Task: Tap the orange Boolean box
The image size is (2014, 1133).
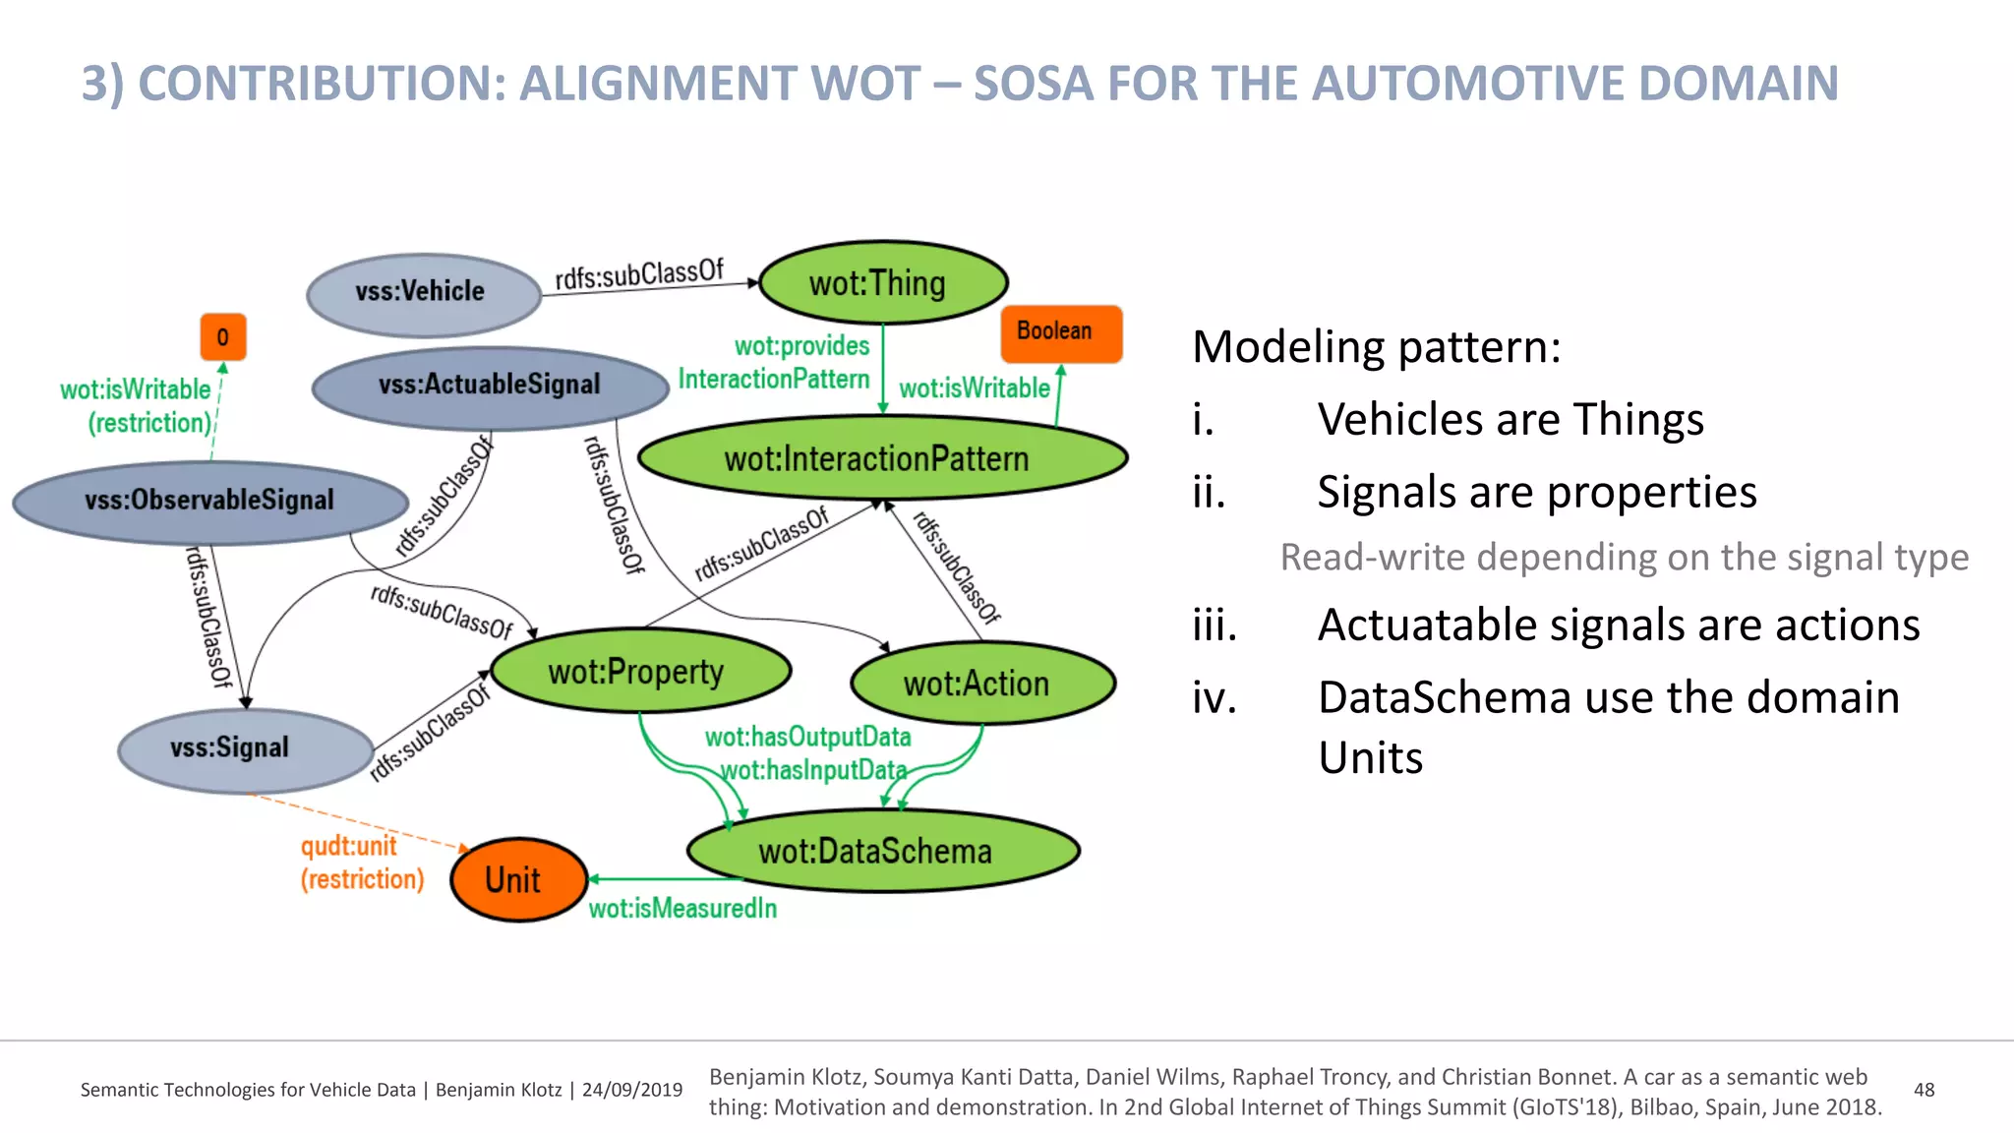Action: click(1060, 332)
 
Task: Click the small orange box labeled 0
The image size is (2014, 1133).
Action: click(223, 337)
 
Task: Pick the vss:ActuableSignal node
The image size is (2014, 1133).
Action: click(490, 386)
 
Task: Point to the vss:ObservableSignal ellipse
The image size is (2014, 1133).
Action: click(210, 502)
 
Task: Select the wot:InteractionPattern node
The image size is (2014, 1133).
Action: click(880, 458)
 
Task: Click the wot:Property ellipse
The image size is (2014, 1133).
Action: click(639, 673)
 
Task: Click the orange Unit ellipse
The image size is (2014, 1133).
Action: click(517, 879)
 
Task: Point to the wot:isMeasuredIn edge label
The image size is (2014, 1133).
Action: click(682, 909)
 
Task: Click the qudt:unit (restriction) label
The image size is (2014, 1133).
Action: click(360, 863)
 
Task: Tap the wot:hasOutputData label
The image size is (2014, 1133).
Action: click(808, 737)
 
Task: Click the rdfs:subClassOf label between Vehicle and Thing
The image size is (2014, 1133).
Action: click(639, 274)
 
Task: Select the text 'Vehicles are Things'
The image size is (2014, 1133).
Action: click(1510, 420)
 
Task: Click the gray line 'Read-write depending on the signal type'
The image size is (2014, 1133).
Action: click(1624, 558)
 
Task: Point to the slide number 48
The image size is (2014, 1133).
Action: click(1924, 1090)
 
